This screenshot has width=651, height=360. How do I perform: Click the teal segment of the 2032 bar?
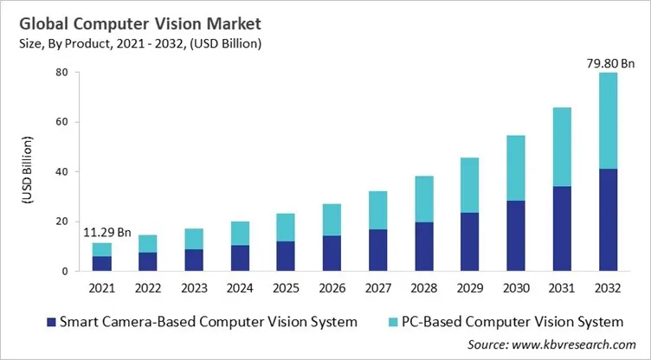point(609,120)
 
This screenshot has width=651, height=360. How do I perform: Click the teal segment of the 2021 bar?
point(102,249)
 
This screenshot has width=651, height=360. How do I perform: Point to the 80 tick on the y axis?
point(61,73)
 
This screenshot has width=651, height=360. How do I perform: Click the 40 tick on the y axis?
point(61,172)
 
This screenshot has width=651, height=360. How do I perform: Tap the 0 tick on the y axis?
point(65,271)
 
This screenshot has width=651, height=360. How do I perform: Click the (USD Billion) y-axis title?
point(27,171)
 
